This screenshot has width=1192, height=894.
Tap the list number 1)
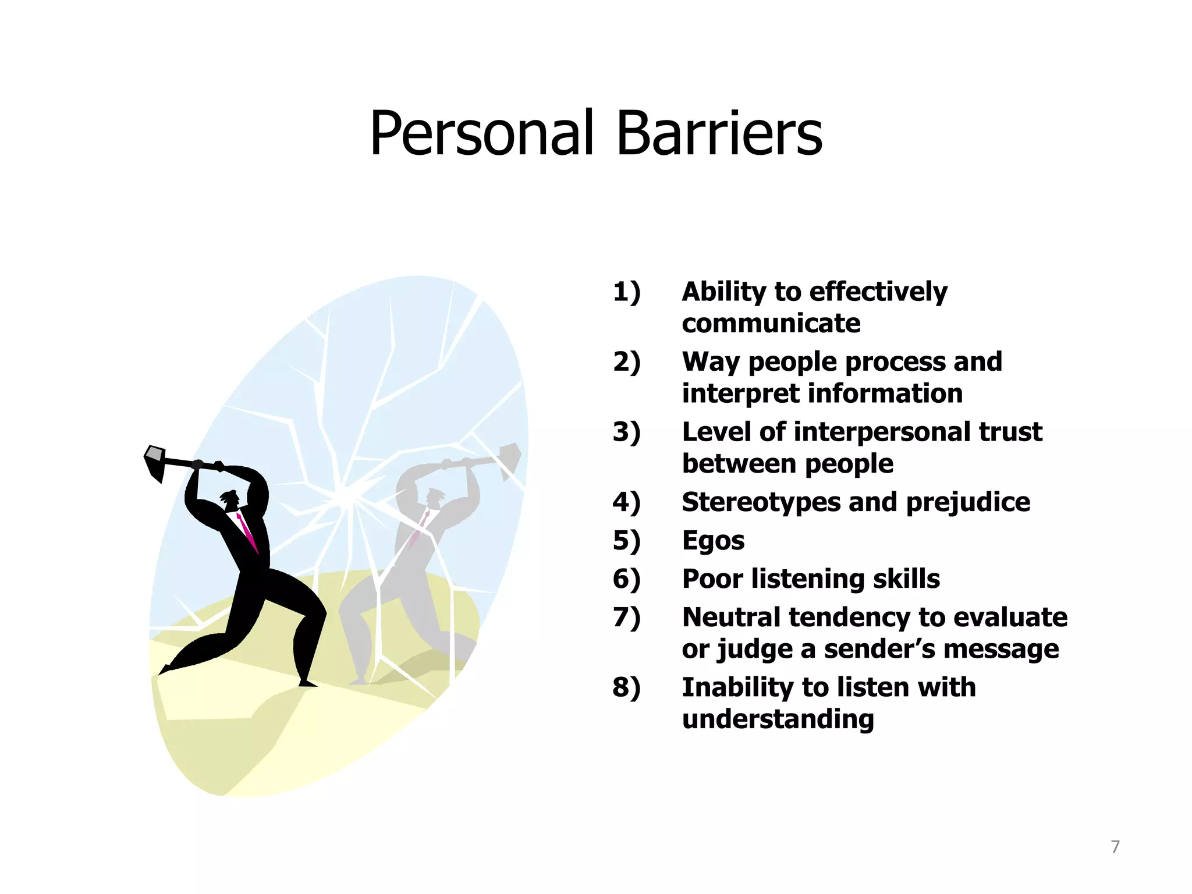coord(626,292)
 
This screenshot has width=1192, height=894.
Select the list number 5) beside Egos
coord(626,541)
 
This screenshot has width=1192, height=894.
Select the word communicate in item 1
coord(771,324)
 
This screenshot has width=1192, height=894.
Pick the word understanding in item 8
coord(778,719)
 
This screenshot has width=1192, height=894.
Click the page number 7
coord(1115,847)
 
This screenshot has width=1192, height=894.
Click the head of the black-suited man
coord(230,499)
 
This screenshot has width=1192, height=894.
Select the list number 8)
coord(626,688)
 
